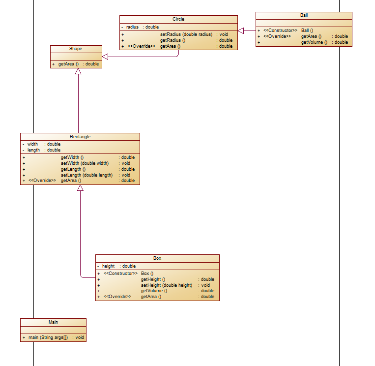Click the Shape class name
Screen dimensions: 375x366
76,49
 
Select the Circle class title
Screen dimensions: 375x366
178,19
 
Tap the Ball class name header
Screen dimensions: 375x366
304,15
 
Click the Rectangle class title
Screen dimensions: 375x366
80,137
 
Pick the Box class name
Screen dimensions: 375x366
157,258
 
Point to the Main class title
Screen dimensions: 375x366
53,322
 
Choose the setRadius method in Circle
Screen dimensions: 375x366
186,34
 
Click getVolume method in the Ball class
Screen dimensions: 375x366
314,42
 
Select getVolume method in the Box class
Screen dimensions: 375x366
154,291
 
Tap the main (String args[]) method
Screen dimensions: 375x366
45,337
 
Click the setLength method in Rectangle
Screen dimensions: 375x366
87,175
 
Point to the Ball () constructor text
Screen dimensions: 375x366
307,30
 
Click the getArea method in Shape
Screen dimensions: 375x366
68,64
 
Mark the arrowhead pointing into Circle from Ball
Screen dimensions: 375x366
241,30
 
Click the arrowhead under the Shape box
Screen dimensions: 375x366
78,72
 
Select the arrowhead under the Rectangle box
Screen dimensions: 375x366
81,188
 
